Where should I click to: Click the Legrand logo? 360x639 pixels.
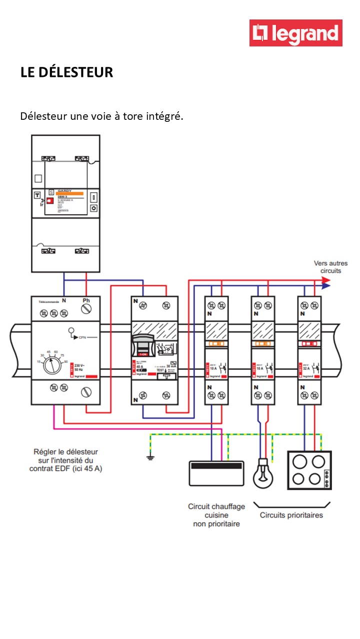coord(296,33)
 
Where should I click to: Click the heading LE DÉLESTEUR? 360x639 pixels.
coord(66,72)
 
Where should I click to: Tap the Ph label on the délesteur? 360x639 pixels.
coord(86,301)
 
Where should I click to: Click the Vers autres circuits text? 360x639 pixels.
coord(330,267)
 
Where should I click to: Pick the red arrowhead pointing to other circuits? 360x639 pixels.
coord(326,281)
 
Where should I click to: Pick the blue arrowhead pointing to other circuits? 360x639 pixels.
coord(326,287)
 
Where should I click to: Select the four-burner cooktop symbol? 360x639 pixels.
coord(309,470)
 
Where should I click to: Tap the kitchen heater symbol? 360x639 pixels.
coord(216,473)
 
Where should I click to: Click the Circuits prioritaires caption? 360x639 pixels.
coord(291,515)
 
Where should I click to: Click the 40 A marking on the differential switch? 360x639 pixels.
coord(140,366)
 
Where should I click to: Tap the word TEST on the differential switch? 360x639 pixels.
coord(160,370)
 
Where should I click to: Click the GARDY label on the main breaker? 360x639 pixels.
coord(63,191)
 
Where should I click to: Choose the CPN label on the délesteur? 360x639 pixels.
coord(82,338)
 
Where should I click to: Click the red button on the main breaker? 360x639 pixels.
coord(49,201)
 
